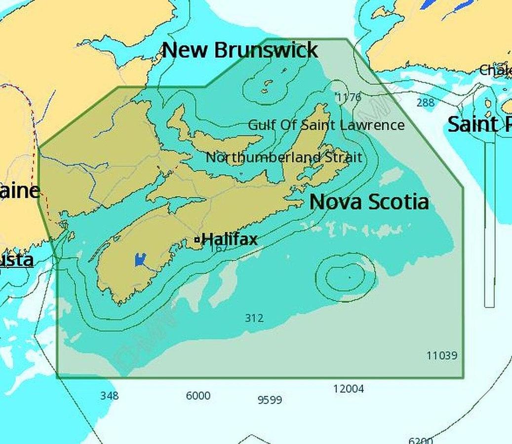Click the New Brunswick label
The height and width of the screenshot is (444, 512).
coord(240,50)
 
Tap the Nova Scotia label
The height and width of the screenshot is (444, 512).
coord(369,202)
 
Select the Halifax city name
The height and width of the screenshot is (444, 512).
coord(230,240)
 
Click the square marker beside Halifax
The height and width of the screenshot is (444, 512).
coord(197,240)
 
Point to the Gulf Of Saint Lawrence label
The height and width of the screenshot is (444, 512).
coord(326,125)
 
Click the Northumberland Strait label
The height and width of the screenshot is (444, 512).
coord(283,158)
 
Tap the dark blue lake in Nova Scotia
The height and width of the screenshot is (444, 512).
coord(140,259)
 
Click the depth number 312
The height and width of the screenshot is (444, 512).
coord(254,319)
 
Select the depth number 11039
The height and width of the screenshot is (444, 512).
coord(442,355)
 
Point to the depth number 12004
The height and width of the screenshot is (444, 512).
coord(349,389)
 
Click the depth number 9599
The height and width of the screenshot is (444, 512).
coord(270,400)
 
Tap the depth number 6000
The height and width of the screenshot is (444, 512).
coord(198,396)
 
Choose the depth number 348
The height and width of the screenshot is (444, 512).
coord(109,396)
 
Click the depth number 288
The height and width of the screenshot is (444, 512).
coord(426,103)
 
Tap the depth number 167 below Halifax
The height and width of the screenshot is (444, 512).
coord(218,248)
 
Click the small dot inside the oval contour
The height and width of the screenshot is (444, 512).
coord(350,277)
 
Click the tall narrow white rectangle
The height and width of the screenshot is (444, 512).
coord(489,222)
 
